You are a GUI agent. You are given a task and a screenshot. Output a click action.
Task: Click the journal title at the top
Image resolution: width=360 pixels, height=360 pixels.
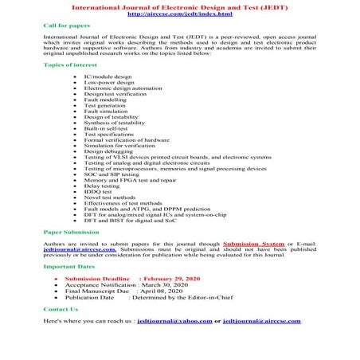179,6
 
